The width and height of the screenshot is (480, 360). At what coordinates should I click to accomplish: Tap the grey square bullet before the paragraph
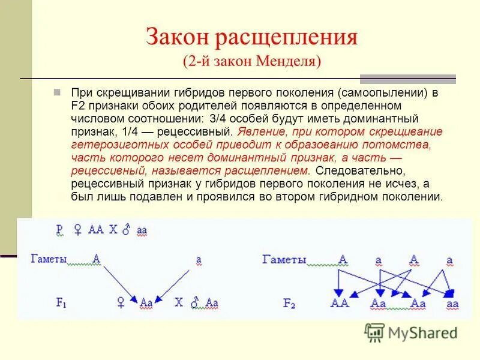coord(57,93)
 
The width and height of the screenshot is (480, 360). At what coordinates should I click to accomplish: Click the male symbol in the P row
coord(126,230)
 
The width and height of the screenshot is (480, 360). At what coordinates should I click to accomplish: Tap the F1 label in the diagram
coord(61,304)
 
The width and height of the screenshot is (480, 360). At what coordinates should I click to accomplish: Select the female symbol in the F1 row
coord(121,304)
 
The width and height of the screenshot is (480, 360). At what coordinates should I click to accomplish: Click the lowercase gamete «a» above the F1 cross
coord(198,260)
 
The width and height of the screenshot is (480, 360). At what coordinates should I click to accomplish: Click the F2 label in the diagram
coord(289,304)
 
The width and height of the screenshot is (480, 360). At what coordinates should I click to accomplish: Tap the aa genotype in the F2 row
coord(452,304)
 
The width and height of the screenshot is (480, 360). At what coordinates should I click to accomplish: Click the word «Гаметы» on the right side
coord(284,260)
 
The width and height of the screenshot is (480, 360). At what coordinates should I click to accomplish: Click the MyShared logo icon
coord(375,331)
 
